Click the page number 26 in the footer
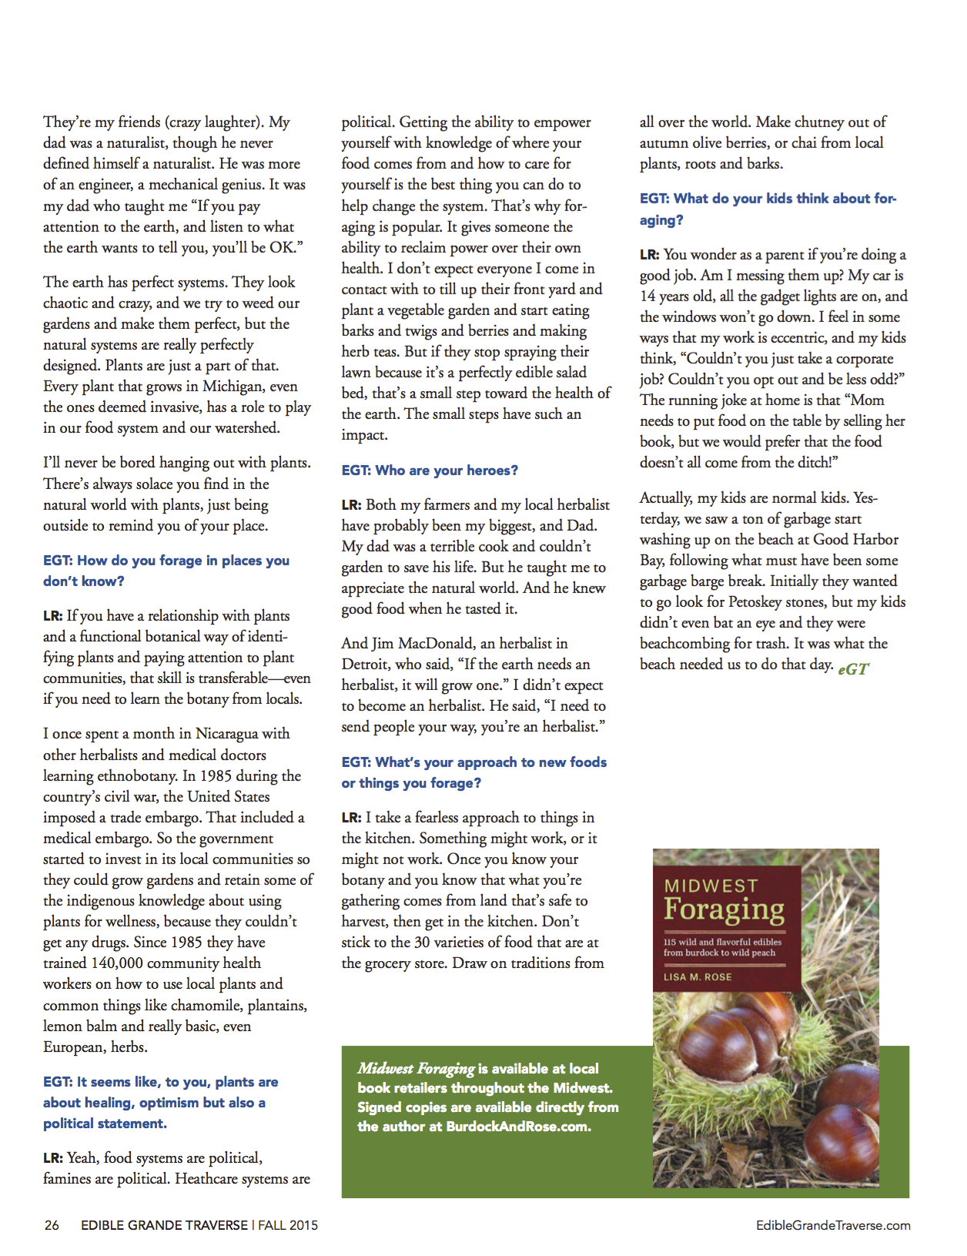(x=52, y=1225)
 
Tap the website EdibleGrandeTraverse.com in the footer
(x=833, y=1225)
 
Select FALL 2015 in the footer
(x=288, y=1225)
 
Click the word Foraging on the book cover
(x=724, y=909)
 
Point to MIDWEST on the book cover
(x=711, y=886)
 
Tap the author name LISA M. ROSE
(x=698, y=976)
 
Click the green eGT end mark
(x=853, y=668)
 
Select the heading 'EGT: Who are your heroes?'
(x=430, y=470)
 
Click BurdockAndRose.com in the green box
(x=518, y=1126)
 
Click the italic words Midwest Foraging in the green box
(x=416, y=1068)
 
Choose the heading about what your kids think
(x=768, y=209)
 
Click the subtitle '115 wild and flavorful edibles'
(x=722, y=942)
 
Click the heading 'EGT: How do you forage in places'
(x=166, y=561)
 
